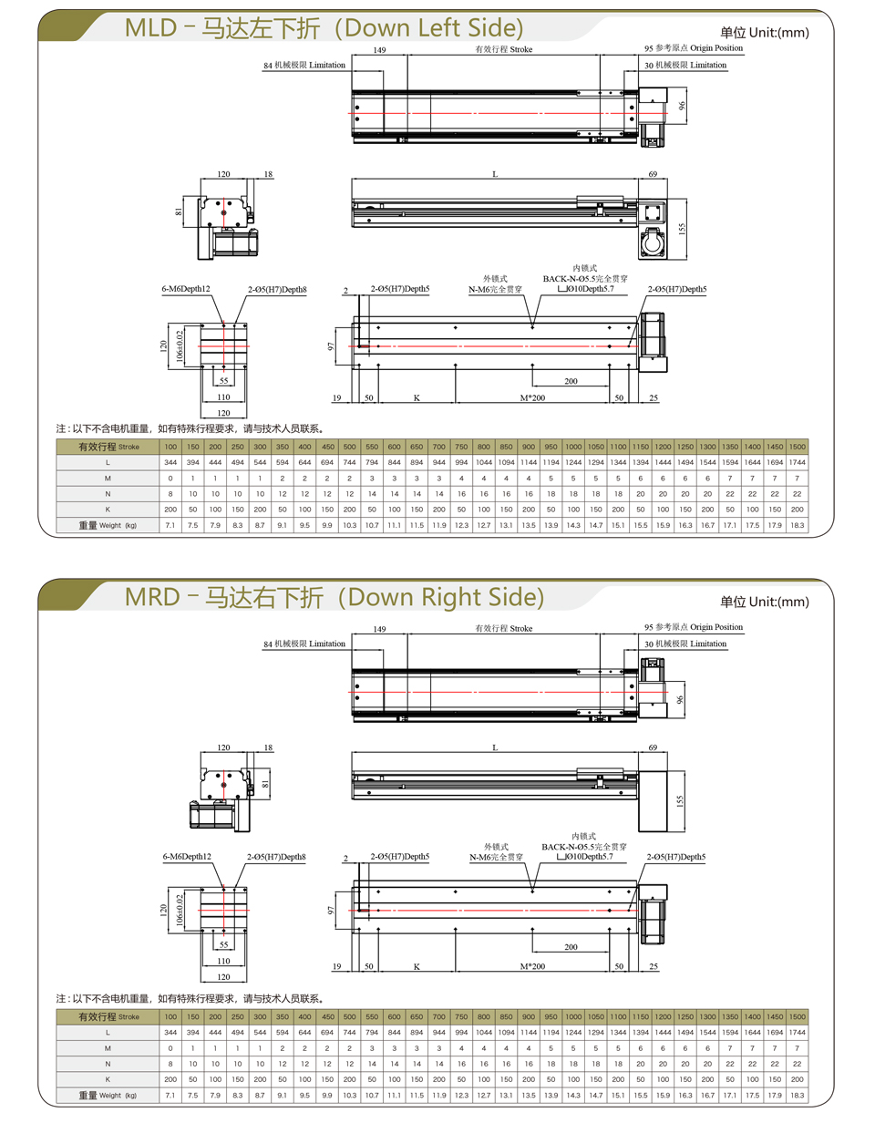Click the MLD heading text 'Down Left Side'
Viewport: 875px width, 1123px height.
[x=433, y=28]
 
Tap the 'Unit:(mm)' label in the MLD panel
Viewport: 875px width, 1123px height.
[x=779, y=33]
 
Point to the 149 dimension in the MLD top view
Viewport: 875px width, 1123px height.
[x=379, y=50]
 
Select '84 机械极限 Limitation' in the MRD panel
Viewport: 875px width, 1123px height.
[x=304, y=644]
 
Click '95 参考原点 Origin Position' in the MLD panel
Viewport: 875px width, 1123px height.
[x=694, y=48]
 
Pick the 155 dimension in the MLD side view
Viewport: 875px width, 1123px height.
[x=682, y=228]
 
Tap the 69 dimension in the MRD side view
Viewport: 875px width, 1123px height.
[x=653, y=747]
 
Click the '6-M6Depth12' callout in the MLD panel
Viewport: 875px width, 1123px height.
[x=186, y=289]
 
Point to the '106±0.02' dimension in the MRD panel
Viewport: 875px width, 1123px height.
[x=180, y=910]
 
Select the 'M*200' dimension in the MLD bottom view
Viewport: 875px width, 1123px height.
[x=532, y=398]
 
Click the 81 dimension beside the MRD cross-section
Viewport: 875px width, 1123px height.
[x=265, y=784]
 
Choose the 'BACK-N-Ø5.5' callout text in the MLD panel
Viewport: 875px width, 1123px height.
[x=569, y=279]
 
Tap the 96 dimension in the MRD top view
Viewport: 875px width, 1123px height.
[x=680, y=699]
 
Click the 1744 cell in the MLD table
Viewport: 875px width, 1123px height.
[x=797, y=462]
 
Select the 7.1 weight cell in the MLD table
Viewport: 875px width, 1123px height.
[x=170, y=525]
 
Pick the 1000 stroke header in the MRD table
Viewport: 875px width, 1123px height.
[x=573, y=1016]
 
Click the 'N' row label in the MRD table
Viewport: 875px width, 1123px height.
[x=108, y=1064]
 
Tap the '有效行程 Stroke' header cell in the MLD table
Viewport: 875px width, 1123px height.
[x=108, y=447]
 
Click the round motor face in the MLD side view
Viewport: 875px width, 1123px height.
[x=653, y=242]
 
